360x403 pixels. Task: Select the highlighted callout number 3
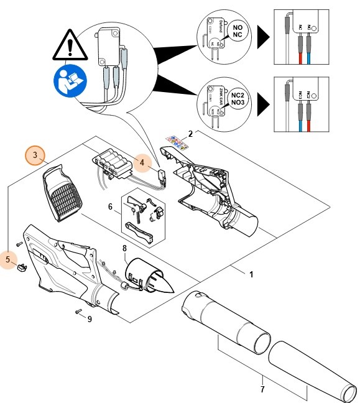(x=36, y=154)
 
